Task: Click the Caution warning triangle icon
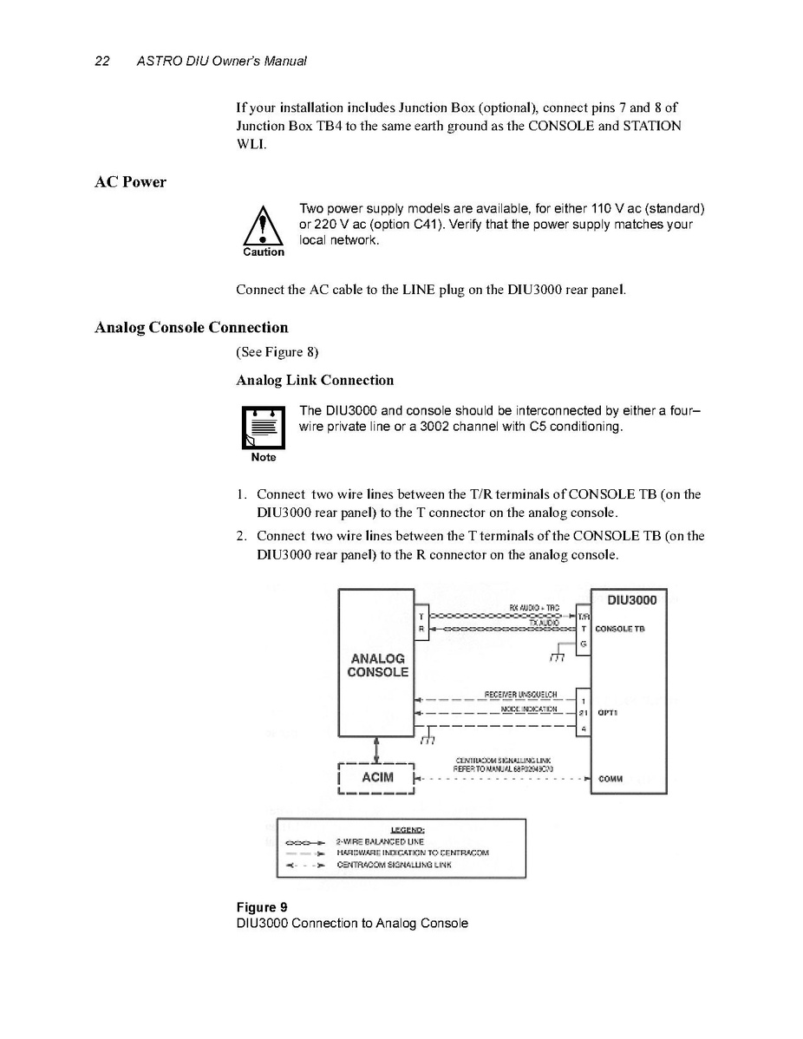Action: (x=263, y=228)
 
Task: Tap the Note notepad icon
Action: (x=263, y=428)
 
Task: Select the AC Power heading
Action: (x=130, y=182)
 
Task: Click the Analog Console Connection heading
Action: (x=191, y=328)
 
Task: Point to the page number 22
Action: (x=101, y=62)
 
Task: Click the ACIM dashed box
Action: (x=377, y=777)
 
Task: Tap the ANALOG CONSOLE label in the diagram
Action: (x=378, y=665)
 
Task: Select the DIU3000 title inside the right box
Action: (x=631, y=599)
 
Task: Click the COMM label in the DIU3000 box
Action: (x=610, y=778)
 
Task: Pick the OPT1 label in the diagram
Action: (x=607, y=713)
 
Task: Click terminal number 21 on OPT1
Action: (x=584, y=713)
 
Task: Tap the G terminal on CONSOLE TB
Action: (x=584, y=644)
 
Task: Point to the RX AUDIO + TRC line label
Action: (x=533, y=607)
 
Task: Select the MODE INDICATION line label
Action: (x=528, y=709)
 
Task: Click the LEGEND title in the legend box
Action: (x=401, y=828)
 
